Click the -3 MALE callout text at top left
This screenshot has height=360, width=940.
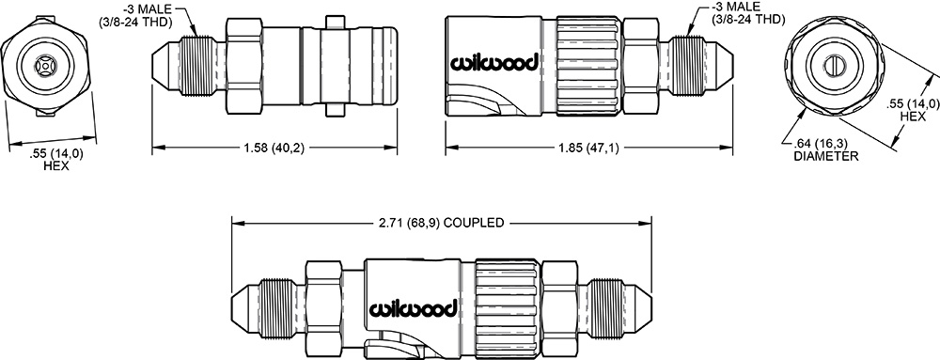135,15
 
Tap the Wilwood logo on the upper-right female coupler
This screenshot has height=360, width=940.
493,63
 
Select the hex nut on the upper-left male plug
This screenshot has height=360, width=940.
244,66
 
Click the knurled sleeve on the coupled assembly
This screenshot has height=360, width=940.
508,309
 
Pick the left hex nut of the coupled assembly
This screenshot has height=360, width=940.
324,309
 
